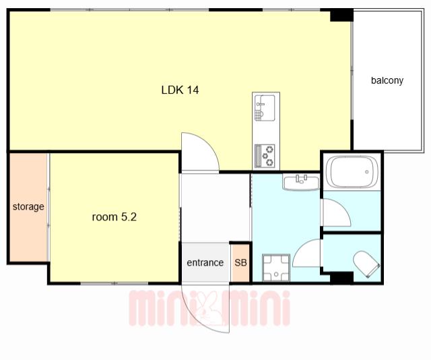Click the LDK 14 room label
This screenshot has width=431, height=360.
click(x=180, y=90)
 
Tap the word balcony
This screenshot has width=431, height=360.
click(x=387, y=80)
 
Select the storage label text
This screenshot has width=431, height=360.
click(x=28, y=207)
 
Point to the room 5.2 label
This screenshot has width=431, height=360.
click(x=114, y=217)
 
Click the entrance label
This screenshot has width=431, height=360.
click(x=205, y=262)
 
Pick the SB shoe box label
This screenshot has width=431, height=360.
click(x=240, y=262)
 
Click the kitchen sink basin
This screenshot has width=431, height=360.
click(x=265, y=108)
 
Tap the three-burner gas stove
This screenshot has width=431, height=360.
click(x=265, y=156)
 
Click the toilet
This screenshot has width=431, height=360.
click(x=366, y=264)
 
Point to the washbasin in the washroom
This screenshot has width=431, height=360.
click(x=301, y=182)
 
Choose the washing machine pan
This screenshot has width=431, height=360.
click(x=276, y=268)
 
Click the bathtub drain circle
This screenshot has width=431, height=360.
click(x=366, y=172)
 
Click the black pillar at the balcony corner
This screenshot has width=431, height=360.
click(x=341, y=15)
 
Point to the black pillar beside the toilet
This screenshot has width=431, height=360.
click(x=341, y=277)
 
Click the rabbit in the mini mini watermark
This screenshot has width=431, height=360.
click(x=209, y=308)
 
